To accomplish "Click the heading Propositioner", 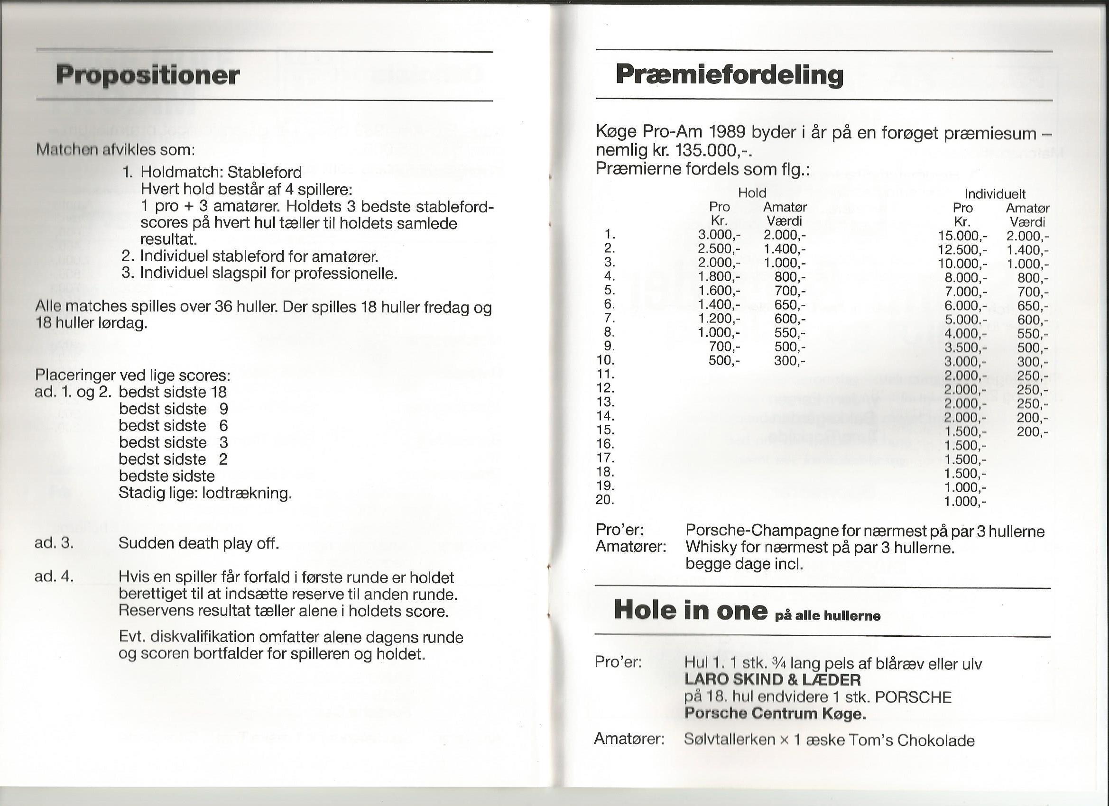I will click(x=148, y=75).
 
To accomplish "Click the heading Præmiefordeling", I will click(x=729, y=75).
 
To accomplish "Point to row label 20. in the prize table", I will click(x=605, y=500).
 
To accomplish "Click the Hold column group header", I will click(x=752, y=193).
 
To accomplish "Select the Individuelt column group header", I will click(x=995, y=194).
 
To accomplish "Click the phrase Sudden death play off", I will click(x=199, y=543).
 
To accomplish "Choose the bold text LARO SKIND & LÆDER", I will click(x=773, y=679).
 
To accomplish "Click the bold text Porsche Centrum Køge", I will click(x=775, y=714).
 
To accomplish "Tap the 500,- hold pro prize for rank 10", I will click(x=726, y=361).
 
